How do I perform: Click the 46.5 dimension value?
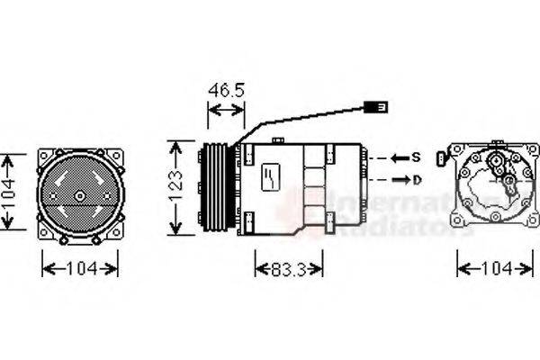(x=226, y=91)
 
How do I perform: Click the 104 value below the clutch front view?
(x=80, y=268)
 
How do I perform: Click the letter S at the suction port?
(x=416, y=157)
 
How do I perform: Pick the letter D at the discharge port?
(x=416, y=179)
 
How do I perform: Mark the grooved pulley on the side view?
(x=217, y=186)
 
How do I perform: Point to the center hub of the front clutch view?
(x=79, y=195)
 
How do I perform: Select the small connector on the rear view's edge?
(x=440, y=159)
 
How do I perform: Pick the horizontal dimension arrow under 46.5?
(x=226, y=110)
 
